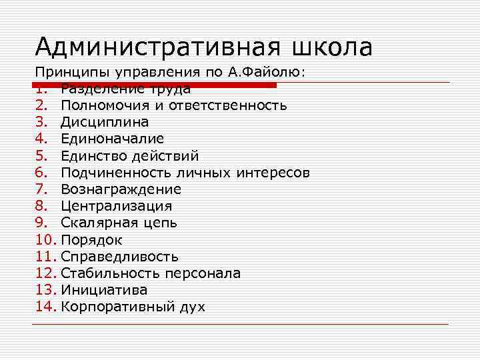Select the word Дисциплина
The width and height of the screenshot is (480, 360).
point(105,123)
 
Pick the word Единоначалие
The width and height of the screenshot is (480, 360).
point(112,139)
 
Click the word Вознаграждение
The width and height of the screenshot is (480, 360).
point(121,189)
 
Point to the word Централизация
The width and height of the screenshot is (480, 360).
point(116,206)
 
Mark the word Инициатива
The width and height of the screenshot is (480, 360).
point(104,290)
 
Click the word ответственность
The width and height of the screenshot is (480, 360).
point(229,106)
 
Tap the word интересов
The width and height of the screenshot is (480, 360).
point(274,173)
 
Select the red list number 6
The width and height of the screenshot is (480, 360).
point(41,173)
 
